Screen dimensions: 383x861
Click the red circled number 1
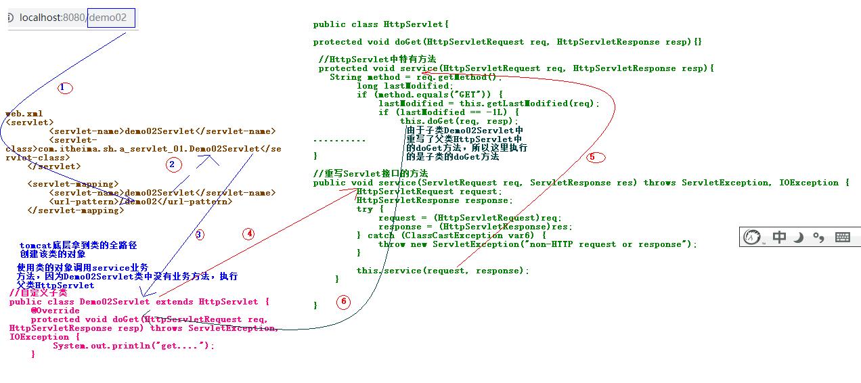pos(64,87)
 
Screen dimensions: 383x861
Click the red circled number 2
pos(174,164)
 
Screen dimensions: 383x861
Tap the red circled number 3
pos(199,235)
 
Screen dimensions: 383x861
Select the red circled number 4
pos(250,233)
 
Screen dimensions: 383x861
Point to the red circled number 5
pos(595,157)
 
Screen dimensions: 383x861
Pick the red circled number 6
pos(343,302)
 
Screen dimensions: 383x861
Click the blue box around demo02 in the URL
pos(111,18)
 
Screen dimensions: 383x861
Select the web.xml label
pos(24,114)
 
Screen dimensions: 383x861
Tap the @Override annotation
pos(55,311)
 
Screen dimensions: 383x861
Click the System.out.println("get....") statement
pos(133,346)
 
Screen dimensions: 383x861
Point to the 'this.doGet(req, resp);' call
pos(458,121)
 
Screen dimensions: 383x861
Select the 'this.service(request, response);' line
pos(443,271)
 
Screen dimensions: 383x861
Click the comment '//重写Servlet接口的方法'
pos(370,173)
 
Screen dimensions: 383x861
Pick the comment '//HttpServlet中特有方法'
pos(377,60)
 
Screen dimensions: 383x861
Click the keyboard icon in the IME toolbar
pos(843,237)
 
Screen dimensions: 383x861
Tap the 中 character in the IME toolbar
pos(780,237)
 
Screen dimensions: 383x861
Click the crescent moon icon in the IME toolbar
pos(799,237)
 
